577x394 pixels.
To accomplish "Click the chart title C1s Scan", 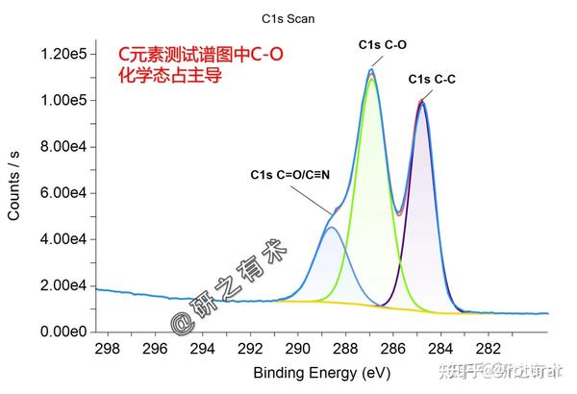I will tap(288, 18).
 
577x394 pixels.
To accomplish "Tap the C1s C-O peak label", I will tap(382, 45).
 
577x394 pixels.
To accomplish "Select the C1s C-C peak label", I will tap(432, 79).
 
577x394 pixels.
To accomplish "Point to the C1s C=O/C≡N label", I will tap(290, 174).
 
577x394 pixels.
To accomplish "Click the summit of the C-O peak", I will tap(371, 70).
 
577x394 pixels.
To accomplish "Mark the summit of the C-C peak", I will tap(421, 101).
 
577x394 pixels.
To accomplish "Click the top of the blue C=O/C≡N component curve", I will tap(331, 228).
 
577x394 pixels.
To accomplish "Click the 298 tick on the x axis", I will tap(108, 348).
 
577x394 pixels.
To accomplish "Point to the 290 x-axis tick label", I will tap(297, 348).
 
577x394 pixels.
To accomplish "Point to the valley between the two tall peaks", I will tap(398, 212).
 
